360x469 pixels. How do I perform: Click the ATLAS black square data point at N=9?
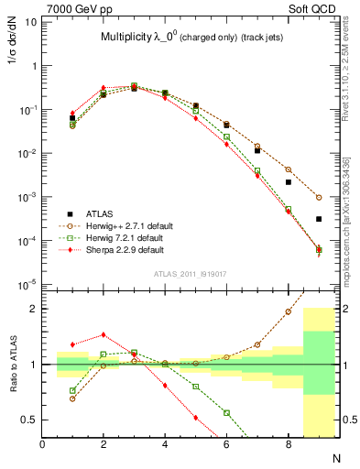point(319,219)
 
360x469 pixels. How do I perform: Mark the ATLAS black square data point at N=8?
point(289,182)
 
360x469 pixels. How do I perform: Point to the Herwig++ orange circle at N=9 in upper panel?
point(319,197)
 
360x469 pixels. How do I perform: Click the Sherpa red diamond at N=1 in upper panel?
point(72,114)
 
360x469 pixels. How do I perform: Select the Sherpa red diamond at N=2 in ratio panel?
point(104,334)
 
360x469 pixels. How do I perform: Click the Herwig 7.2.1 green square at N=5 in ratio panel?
point(196,387)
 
